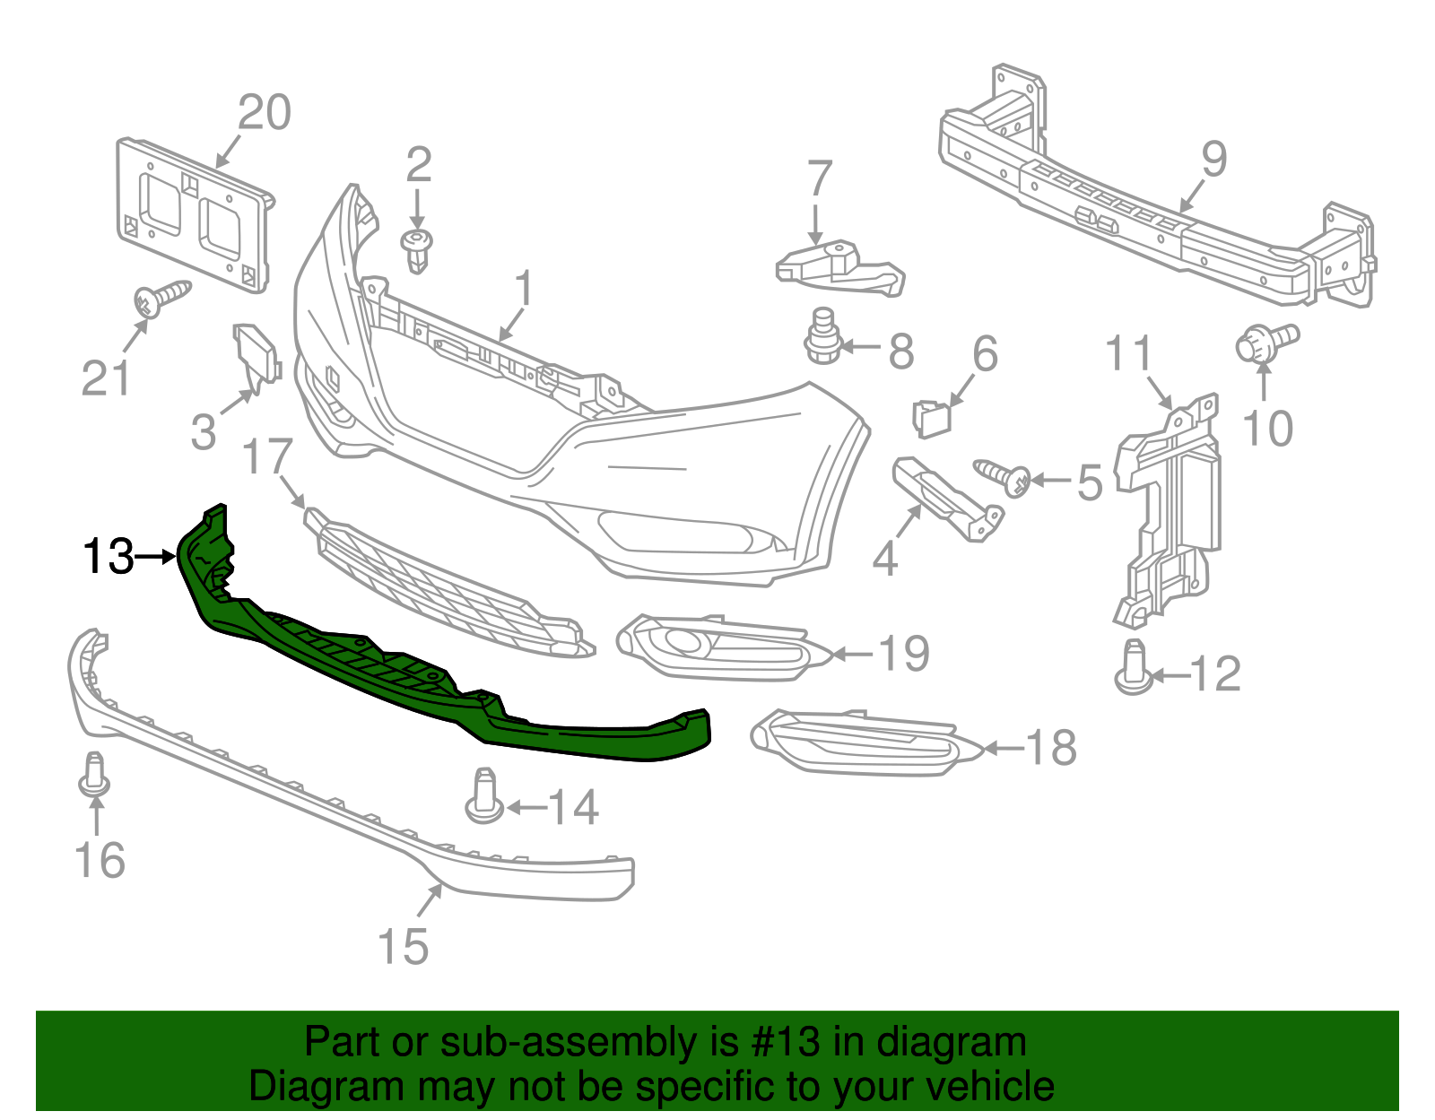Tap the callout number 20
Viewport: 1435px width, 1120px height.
point(265,113)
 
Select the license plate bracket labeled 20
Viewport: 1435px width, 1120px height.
point(193,215)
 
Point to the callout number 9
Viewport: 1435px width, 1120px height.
point(1213,160)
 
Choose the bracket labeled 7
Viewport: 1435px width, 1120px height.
point(839,269)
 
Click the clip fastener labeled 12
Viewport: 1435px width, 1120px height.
point(1134,667)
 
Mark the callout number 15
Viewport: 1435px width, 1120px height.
point(403,946)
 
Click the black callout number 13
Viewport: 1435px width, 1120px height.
point(108,557)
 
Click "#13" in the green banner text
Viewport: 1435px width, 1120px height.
point(793,1043)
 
